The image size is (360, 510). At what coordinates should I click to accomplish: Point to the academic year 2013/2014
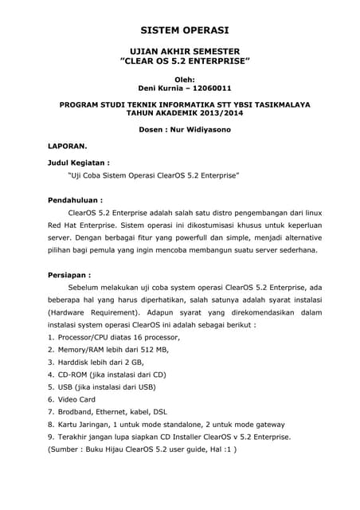[x=212, y=113]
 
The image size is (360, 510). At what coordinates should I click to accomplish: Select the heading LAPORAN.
[x=68, y=147]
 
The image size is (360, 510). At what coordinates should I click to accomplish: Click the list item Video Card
[x=76, y=399]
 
